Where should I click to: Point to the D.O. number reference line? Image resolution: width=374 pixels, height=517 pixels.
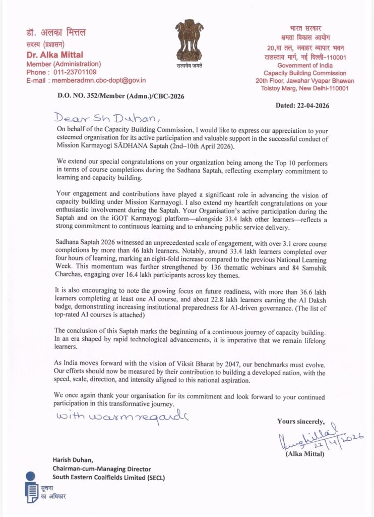click(109, 96)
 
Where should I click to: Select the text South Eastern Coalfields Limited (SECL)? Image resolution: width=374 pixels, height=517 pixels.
click(108, 478)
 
